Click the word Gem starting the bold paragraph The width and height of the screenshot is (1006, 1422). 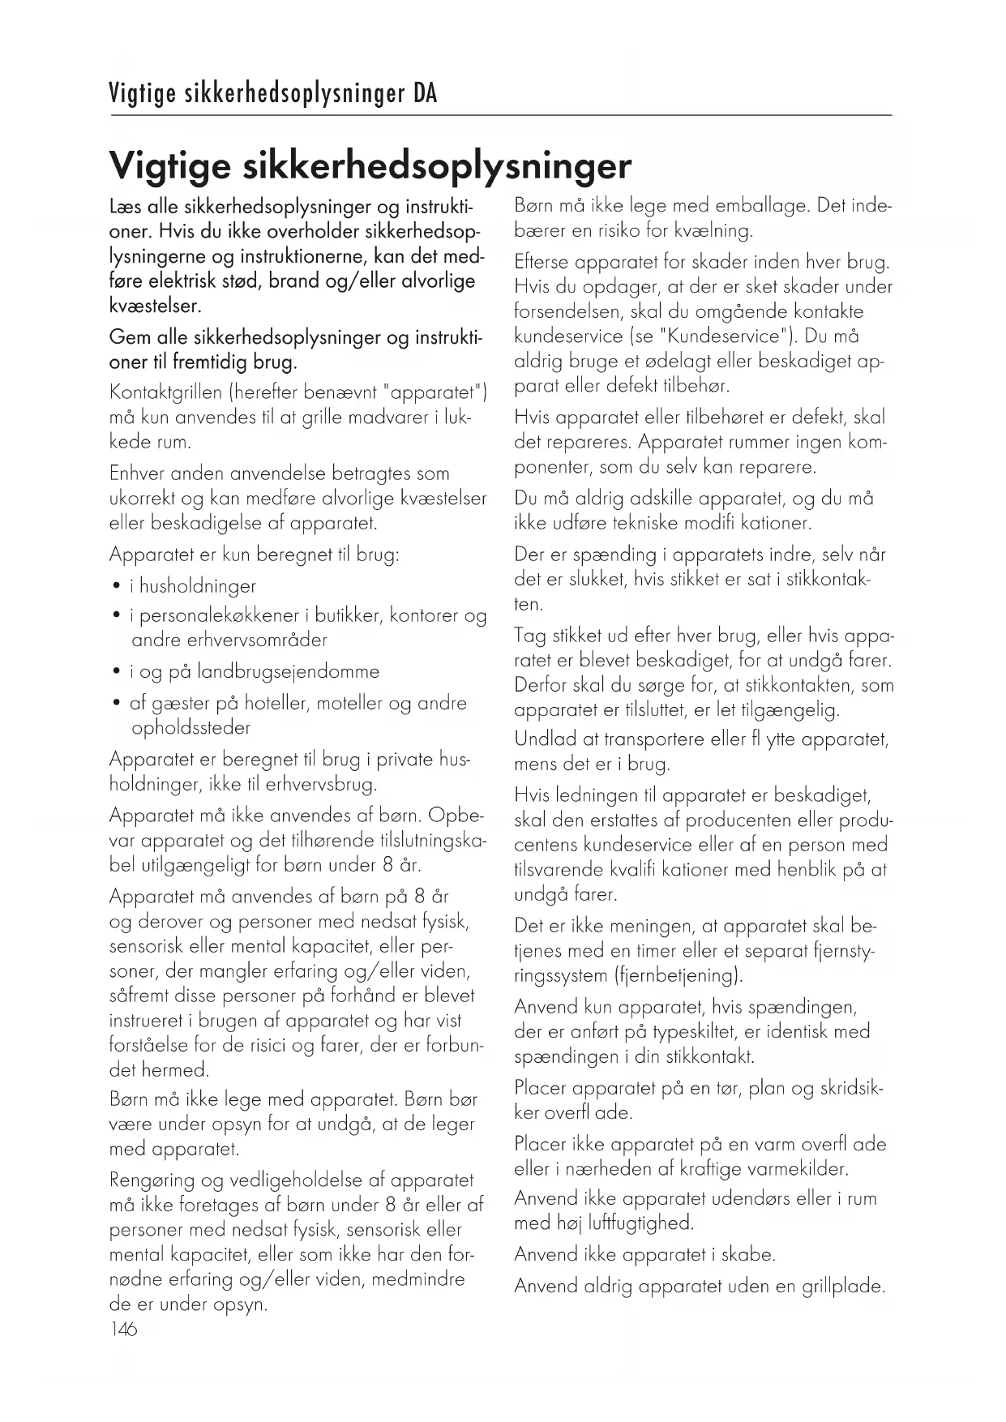(129, 338)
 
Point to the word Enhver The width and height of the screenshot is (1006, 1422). (139, 474)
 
